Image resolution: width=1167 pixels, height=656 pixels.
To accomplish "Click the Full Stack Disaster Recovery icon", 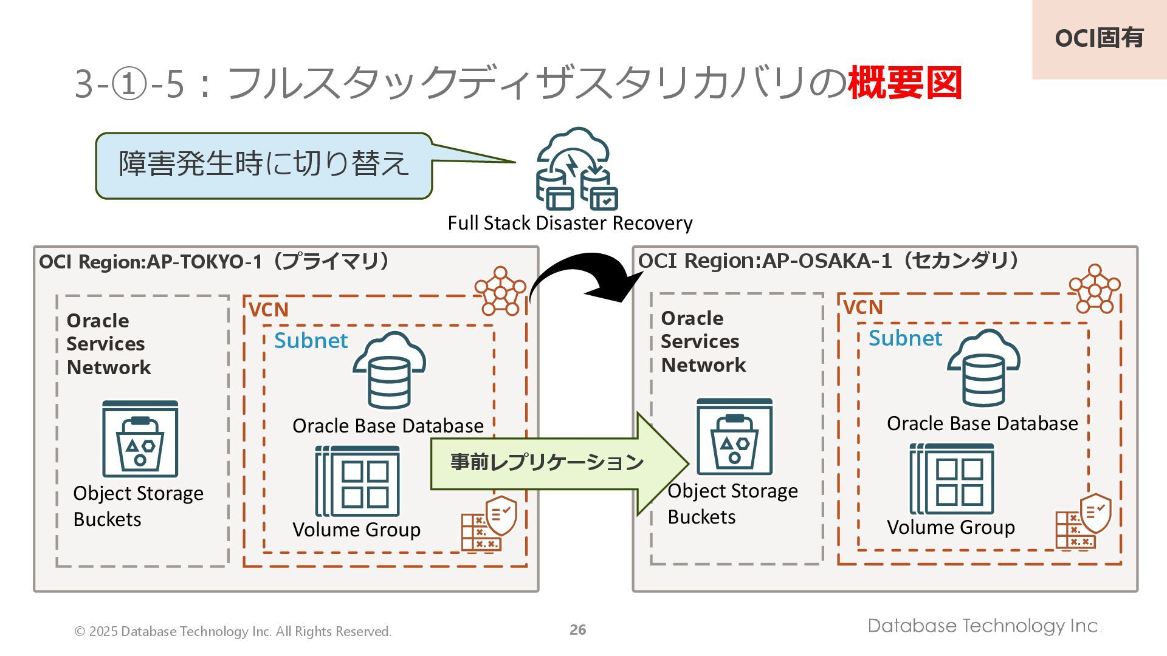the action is [576, 168].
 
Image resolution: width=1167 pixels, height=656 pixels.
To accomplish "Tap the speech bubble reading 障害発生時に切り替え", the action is [264, 166].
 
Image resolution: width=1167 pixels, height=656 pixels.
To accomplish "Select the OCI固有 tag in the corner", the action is [1099, 39].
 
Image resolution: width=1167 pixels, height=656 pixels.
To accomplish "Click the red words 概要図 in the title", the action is [905, 83].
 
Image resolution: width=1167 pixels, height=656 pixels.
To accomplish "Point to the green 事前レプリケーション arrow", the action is [559, 463].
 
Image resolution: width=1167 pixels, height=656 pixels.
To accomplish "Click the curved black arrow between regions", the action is [583, 276].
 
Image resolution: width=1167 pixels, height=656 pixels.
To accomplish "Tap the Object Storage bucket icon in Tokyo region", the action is [140, 439].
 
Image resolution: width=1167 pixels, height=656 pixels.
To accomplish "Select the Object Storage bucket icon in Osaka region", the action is [734, 436].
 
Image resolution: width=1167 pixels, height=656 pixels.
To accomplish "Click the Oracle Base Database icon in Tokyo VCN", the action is [389, 370].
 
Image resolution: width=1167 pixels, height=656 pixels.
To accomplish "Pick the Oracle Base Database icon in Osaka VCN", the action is [983, 367].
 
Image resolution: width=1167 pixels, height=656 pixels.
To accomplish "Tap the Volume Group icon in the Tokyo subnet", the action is [357, 481].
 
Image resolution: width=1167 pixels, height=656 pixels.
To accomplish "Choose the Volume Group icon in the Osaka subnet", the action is [952, 479].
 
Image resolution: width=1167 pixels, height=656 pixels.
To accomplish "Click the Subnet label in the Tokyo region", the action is [311, 341].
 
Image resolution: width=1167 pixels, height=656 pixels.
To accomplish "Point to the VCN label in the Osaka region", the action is [863, 307].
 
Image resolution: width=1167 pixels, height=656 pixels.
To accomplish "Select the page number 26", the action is [578, 630].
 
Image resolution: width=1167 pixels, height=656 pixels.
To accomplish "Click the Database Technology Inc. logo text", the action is [985, 626].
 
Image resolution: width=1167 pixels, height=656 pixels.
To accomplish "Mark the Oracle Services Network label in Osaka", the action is [703, 341].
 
